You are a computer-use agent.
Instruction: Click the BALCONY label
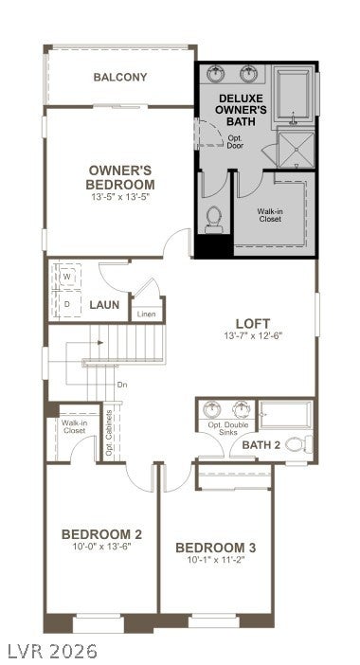120,77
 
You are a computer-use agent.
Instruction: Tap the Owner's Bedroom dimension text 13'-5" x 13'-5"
120,197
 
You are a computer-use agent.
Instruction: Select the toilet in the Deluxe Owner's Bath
214,220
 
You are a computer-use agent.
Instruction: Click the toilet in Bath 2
298,444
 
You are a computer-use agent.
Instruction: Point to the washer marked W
66,276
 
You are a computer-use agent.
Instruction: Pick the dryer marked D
66,304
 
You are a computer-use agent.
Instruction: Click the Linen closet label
146,315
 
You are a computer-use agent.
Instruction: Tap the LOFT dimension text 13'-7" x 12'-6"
253,336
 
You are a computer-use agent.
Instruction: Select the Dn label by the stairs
122,386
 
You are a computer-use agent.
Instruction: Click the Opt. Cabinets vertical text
109,433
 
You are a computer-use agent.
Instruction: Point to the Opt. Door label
235,142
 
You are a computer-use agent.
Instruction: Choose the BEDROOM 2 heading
101,534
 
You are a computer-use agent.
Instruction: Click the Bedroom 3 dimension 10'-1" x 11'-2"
216,560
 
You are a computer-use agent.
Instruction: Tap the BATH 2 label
261,445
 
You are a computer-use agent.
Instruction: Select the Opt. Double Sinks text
227,429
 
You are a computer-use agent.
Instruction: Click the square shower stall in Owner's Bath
297,150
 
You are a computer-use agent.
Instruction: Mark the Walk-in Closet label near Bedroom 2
73,426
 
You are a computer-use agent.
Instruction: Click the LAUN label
104,305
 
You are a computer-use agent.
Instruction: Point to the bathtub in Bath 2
286,414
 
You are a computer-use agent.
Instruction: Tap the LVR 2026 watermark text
49,651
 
